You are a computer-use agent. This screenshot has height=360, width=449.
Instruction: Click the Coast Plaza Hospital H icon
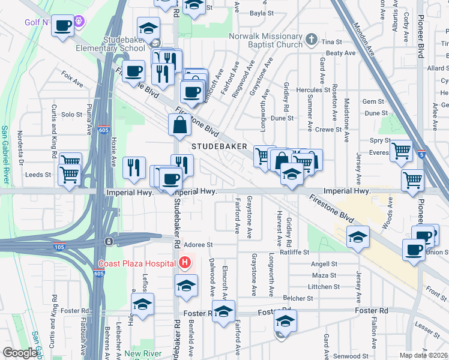[185, 262]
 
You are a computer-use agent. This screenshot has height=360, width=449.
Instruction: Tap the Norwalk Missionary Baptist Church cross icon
[311, 40]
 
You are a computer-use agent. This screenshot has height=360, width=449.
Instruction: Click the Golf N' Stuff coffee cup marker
[62, 26]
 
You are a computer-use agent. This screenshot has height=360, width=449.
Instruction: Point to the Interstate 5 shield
[421, 154]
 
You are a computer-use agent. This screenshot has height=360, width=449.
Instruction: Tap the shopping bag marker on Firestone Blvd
[179, 125]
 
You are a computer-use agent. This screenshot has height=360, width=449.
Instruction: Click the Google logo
[20, 353]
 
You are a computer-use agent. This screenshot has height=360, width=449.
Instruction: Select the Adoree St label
[199, 245]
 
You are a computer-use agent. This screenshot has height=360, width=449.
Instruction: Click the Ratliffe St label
[294, 253]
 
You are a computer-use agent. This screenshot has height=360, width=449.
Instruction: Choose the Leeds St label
[37, 175]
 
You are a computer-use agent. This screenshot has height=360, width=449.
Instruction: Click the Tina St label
[331, 42]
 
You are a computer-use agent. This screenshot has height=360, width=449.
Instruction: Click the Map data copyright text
[424, 355]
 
